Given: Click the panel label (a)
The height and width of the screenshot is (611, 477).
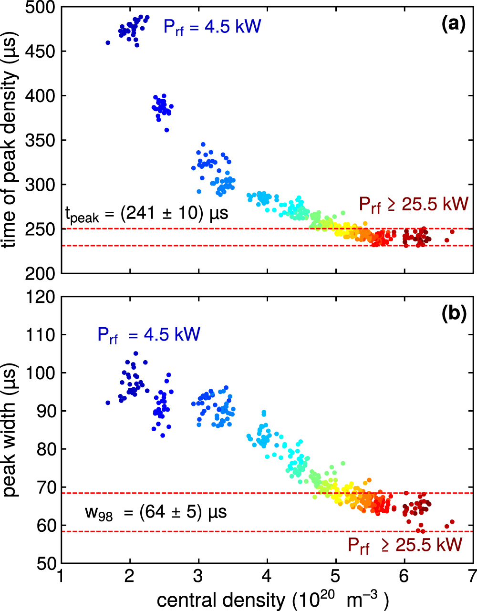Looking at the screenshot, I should click(x=453, y=24).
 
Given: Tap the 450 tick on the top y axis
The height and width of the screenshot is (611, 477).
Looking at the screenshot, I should click(x=40, y=52).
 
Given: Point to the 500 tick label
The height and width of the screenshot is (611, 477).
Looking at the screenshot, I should click(x=40, y=8).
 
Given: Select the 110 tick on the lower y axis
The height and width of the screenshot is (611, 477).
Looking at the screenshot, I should click(x=40, y=335).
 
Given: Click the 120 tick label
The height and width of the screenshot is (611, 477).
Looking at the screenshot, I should click(x=40, y=297).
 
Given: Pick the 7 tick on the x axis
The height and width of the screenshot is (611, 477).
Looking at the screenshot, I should click(x=473, y=576).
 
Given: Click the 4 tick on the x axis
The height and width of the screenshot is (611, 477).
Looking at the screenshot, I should click(x=267, y=576).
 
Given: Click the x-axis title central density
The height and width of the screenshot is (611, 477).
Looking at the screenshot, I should click(x=272, y=600).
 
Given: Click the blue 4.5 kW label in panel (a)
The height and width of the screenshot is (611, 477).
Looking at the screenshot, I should click(x=212, y=27).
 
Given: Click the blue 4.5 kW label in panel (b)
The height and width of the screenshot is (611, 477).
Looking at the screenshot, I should click(x=149, y=335).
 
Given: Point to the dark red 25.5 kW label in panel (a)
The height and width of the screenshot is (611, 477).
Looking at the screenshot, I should click(x=414, y=205).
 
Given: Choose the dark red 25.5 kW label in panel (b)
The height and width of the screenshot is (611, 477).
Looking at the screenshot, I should click(x=404, y=545).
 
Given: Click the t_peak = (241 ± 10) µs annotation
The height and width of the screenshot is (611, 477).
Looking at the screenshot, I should click(x=146, y=214).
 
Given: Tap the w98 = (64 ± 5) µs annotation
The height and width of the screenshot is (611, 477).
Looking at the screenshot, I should click(x=156, y=513).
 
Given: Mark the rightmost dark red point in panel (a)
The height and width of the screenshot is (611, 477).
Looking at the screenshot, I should click(x=452, y=232).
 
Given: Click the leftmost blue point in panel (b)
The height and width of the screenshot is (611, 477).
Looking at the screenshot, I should click(x=108, y=403).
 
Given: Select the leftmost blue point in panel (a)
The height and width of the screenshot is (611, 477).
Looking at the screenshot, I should click(x=108, y=43).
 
